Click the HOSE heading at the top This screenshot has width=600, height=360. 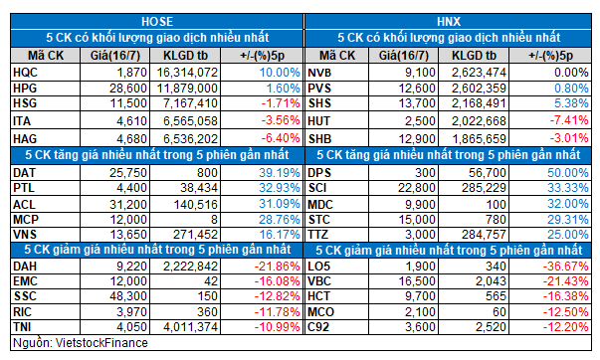tap(157, 22)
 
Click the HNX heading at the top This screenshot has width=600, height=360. tap(449, 22)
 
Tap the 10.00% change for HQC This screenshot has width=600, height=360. tap(280, 73)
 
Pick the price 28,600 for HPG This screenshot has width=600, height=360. tap(128, 89)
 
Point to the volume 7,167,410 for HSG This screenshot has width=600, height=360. tap(187, 103)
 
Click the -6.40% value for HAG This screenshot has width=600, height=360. tap(281, 138)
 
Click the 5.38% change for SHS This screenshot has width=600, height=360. tap(572, 103)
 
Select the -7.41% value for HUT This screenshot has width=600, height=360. tap(569, 120)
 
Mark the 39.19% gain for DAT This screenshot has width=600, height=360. tap(280, 173)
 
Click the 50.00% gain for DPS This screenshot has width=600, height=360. tap(568, 173)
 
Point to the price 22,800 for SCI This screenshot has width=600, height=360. tap(417, 188)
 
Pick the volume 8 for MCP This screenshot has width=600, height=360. tap(214, 220)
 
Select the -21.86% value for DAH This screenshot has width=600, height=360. tap(277, 267)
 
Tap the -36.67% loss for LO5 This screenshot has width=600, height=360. tap(565, 267)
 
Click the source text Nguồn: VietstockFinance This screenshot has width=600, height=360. tap(81, 343)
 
